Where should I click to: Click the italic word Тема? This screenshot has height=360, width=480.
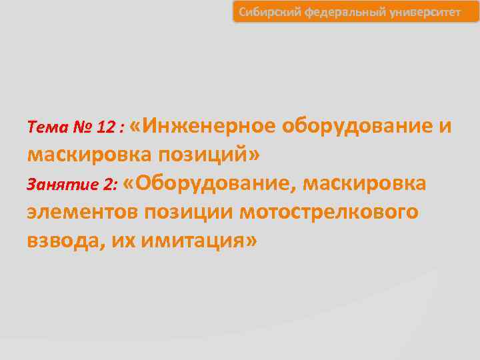(45, 127)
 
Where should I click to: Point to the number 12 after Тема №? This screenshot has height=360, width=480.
(106, 127)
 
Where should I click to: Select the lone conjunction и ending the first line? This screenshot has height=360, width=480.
(445, 125)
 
